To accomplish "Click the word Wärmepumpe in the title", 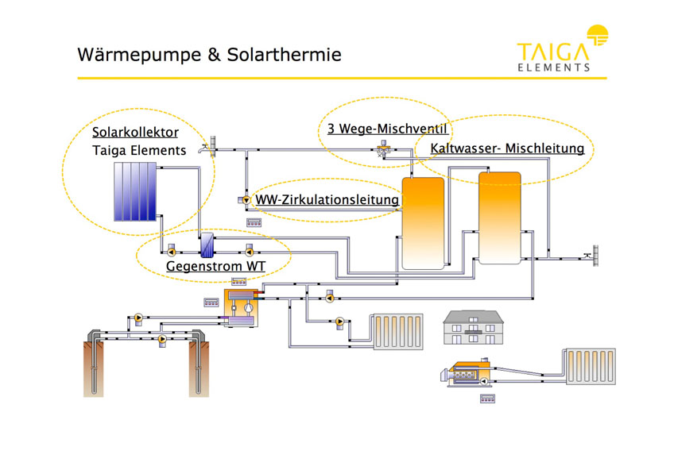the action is click(139, 55).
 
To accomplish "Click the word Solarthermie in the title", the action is click(284, 55).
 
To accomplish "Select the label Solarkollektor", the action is click(135, 133).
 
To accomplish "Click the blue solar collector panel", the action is click(135, 191).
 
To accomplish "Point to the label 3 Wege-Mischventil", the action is click(387, 129).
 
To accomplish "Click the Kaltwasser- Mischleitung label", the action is click(507, 148).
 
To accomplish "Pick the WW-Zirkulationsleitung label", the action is click(327, 199).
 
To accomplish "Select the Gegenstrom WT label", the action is click(215, 266).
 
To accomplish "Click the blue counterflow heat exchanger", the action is click(207, 245).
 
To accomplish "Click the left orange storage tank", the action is click(423, 223).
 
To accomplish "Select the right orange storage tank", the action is click(499, 218).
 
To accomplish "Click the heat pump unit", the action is click(241, 308).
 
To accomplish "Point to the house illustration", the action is click(473, 328).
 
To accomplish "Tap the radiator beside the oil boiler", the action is click(591, 366).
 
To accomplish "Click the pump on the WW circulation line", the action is click(245, 200).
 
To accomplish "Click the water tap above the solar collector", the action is click(208, 146).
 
